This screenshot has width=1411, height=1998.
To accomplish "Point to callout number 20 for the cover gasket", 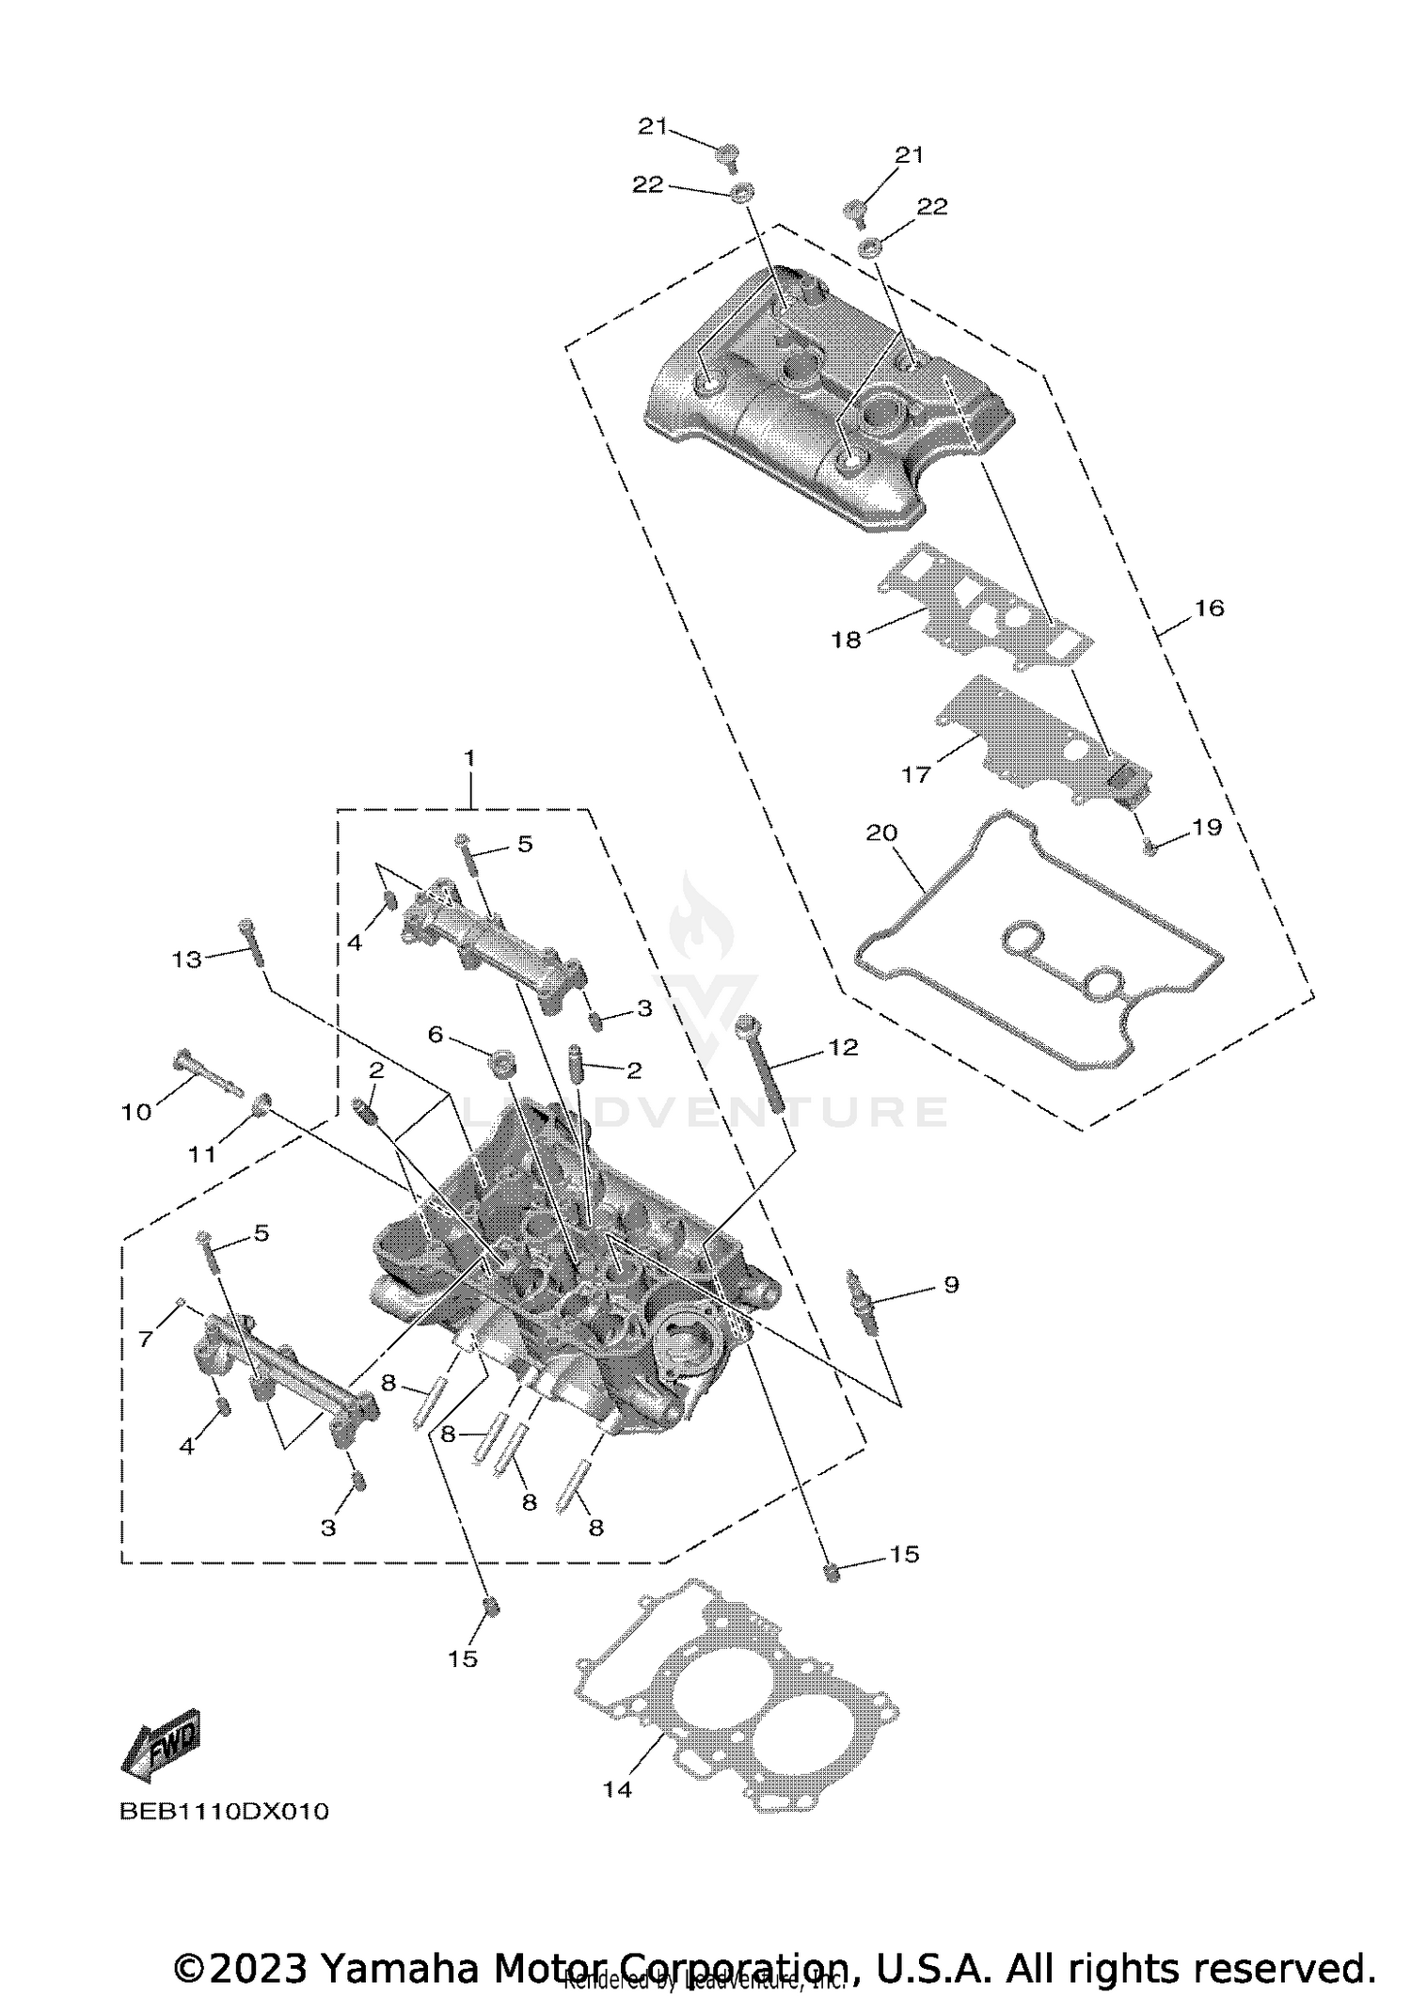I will (881, 832).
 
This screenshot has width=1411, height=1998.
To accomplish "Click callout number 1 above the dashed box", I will (469, 757).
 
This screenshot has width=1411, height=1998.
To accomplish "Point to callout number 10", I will (136, 1112).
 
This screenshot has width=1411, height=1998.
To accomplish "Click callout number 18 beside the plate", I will (846, 641).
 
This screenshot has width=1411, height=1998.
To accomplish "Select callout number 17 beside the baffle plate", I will (915, 774).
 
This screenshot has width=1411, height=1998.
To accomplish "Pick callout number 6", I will (435, 1034).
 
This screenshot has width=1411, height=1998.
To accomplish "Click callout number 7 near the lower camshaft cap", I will (146, 1339).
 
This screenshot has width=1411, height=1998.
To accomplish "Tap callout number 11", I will (202, 1153).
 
